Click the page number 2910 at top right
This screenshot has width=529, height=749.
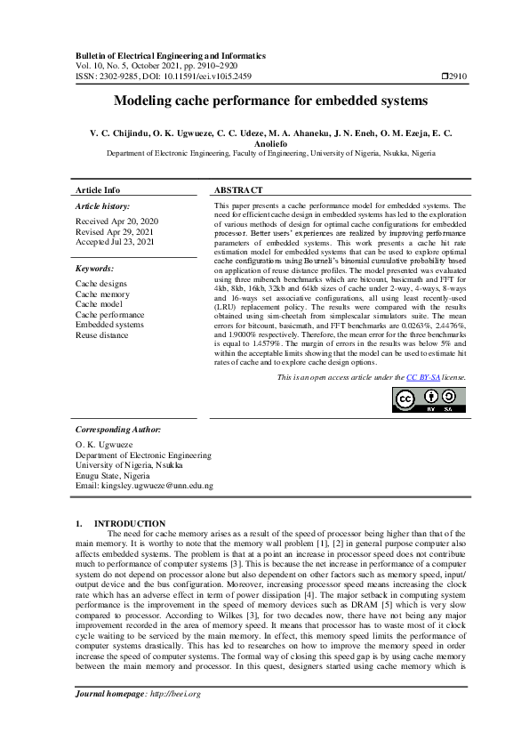coord(459,77)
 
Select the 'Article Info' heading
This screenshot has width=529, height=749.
coord(98,190)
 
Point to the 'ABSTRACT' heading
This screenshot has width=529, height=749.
coord(238,190)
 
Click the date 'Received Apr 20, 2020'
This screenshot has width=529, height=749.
coord(116,221)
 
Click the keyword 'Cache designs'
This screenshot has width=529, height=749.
coord(100,284)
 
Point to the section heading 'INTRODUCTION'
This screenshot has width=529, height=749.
coord(130,523)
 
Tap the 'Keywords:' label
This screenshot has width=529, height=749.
coord(94,268)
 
